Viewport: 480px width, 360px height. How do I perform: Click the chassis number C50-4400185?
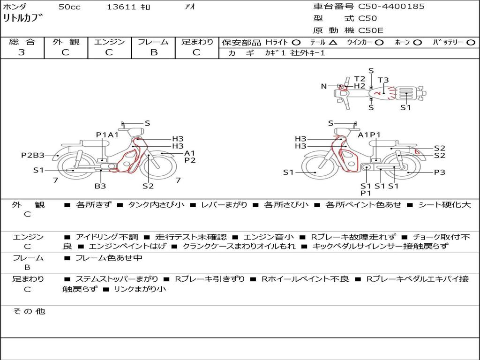[x=391, y=7]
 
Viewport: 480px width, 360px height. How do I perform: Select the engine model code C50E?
[x=370, y=30]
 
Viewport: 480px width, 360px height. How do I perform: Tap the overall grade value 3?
[x=22, y=52]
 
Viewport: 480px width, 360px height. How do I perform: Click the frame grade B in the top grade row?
[x=153, y=52]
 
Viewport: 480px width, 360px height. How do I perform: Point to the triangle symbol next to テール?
[x=333, y=43]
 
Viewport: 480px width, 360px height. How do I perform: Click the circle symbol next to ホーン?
[x=417, y=43]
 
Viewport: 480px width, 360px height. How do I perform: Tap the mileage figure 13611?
[x=121, y=7]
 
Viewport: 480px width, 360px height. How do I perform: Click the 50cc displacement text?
[x=69, y=7]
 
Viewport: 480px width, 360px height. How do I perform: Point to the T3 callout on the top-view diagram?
[x=383, y=80]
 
